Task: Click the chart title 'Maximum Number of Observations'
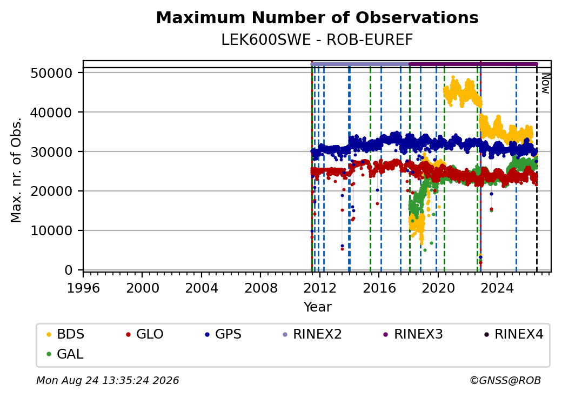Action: pyautogui.click(x=317, y=17)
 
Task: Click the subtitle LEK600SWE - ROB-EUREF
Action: pyautogui.click(x=317, y=40)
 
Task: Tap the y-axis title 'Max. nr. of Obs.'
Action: pyautogui.click(x=16, y=170)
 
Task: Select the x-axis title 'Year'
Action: pyautogui.click(x=318, y=307)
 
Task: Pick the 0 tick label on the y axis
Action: pyautogui.click(x=69, y=270)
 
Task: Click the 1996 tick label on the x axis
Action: pyautogui.click(x=83, y=288)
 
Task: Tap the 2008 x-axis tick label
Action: pyautogui.click(x=260, y=288)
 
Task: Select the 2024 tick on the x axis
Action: pyautogui.click(x=497, y=288)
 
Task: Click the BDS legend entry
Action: pyautogui.click(x=65, y=334)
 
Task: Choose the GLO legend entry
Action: pyautogui.click(x=144, y=334)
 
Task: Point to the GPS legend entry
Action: pyautogui.click(x=223, y=334)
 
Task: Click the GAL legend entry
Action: pyautogui.click(x=65, y=354)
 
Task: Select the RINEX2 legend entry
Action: pyautogui.click(x=312, y=334)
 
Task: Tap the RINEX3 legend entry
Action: pyautogui.click(x=413, y=334)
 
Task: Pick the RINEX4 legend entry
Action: pyautogui.click(x=513, y=334)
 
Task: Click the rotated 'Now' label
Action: pyautogui.click(x=545, y=83)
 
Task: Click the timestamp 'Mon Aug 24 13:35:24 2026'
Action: pyautogui.click(x=108, y=380)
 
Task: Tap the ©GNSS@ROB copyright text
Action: pyautogui.click(x=505, y=380)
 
